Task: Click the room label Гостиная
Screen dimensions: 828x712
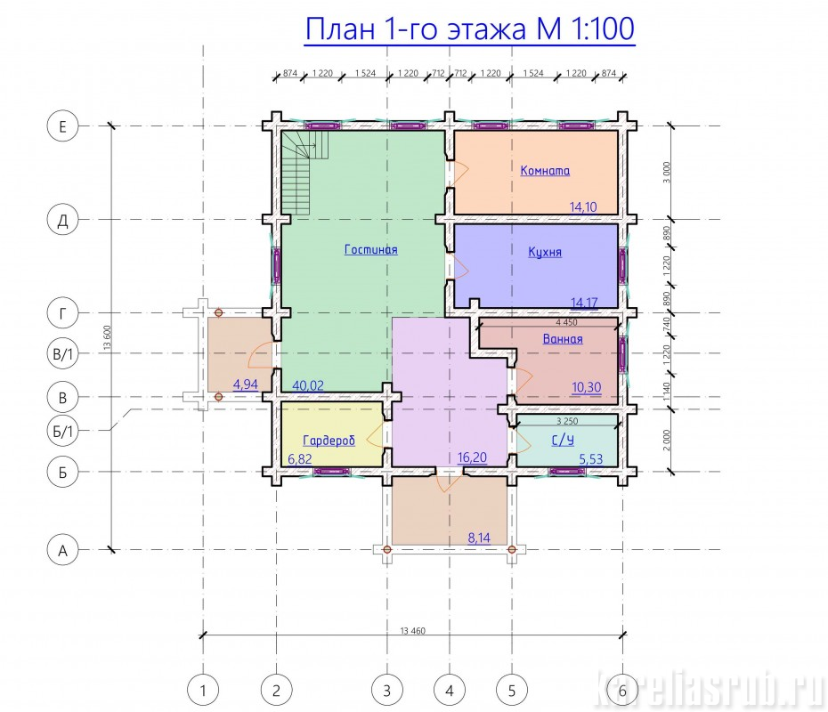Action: coord(370,249)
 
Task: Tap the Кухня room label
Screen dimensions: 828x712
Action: coord(545,252)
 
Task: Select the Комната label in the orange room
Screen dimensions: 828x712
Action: coord(545,171)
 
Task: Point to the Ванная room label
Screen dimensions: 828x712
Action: coord(563,339)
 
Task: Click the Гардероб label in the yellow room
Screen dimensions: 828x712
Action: coord(329,441)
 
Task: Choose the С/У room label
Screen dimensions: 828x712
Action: coord(563,441)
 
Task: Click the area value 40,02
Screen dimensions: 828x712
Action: coord(308,386)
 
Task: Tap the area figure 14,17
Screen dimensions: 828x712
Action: coord(584,303)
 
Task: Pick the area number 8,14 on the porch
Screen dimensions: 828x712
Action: coord(479,538)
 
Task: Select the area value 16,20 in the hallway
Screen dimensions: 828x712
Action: coord(472,457)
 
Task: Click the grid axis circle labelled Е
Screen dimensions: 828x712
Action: coord(62,126)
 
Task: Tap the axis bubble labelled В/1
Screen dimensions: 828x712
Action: coord(62,353)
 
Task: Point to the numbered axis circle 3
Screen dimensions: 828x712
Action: coord(387,691)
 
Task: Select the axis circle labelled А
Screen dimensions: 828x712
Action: coord(62,551)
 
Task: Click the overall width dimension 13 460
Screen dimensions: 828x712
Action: coord(412,631)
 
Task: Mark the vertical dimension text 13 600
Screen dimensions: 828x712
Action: coord(107,338)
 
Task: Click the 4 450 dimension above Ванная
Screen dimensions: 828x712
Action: coord(566,322)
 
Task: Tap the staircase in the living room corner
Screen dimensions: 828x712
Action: coord(304,172)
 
